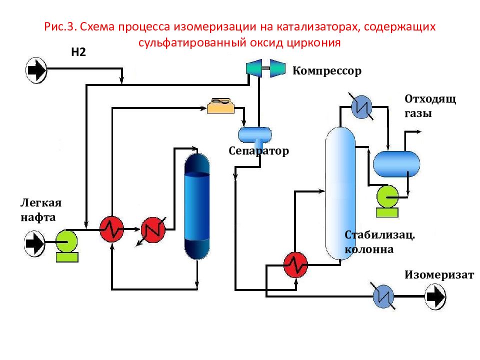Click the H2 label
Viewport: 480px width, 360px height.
pos(79,52)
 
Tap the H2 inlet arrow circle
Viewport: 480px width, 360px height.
pos(36,70)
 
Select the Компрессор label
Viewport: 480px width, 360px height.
pos(326,70)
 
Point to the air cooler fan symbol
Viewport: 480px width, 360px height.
pos(220,105)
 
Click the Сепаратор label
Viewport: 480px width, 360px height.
pos(259,150)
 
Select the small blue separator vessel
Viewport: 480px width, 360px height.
pos(254,134)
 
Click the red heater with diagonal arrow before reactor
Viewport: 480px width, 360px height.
pos(153,229)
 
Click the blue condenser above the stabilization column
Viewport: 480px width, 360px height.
pos(360,106)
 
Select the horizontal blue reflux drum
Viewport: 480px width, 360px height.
pos(396,164)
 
